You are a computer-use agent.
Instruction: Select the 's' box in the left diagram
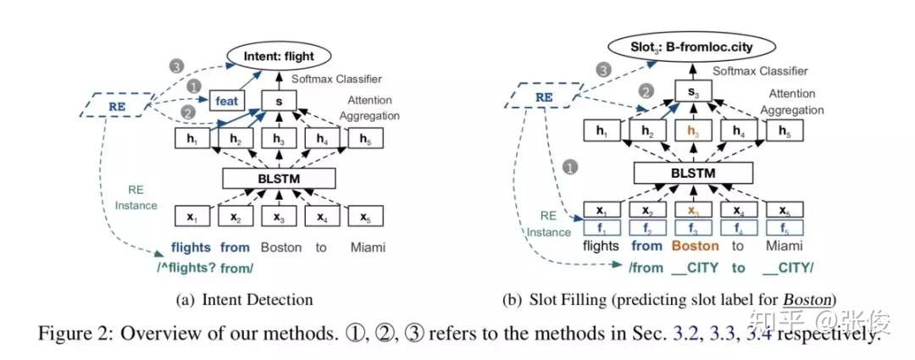click(279, 100)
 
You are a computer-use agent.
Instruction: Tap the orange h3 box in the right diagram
click(693, 131)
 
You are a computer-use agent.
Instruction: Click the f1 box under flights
click(601, 227)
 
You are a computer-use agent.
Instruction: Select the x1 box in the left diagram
click(191, 218)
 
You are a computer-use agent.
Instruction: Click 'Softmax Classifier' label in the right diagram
click(760, 71)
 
